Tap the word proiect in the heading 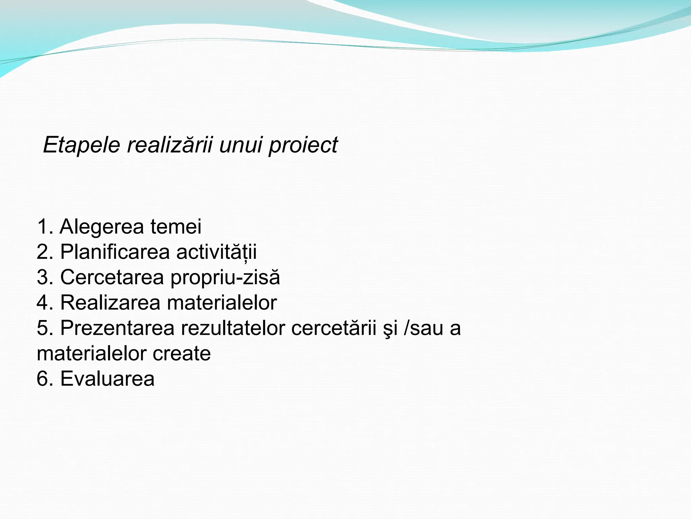[303, 146]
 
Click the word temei [176, 227]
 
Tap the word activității [216, 252]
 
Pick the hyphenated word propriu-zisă [225, 278]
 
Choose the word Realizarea [110, 303]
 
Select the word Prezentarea [117, 328]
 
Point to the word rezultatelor [233, 328]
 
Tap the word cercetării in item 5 [333, 328]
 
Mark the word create [182, 353]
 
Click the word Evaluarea [107, 379]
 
